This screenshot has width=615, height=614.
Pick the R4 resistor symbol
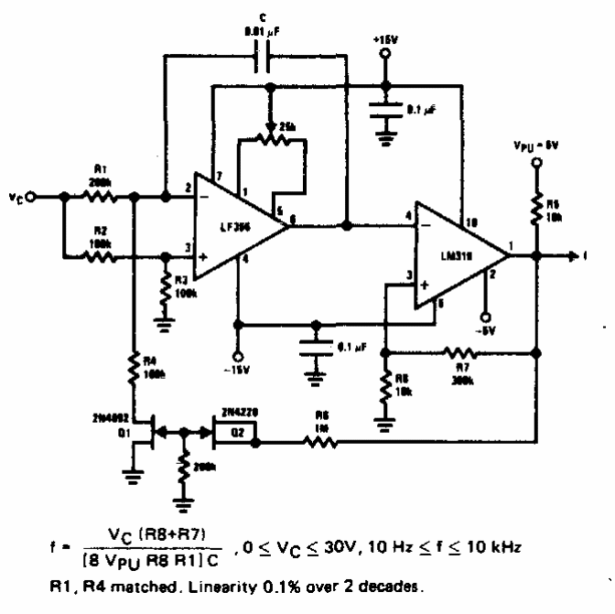click(134, 366)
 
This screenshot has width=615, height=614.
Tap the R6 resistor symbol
click(325, 443)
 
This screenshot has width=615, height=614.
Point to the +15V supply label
click(384, 39)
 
